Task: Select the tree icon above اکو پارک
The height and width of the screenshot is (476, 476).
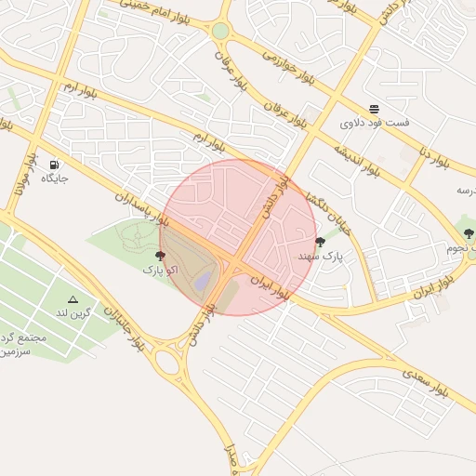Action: coord(162,254)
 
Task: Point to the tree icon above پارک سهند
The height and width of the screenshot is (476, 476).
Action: coord(321,242)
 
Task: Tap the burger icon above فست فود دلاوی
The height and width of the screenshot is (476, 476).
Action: coord(374,108)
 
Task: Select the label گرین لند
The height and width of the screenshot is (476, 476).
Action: coord(75,312)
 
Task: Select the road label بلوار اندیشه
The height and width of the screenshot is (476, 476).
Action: coord(357,155)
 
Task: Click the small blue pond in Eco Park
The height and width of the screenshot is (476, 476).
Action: coord(203,279)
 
